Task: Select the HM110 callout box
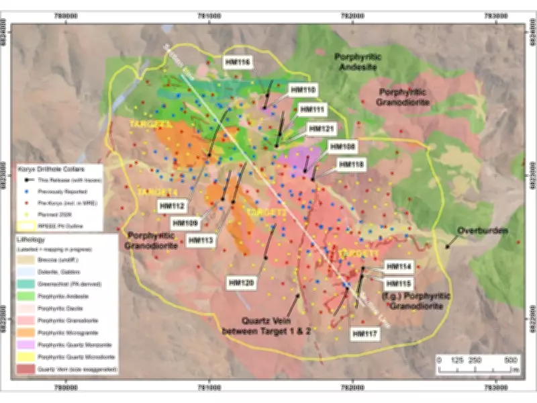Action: click(303, 89)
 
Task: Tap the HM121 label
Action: click(320, 128)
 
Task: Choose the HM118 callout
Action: click(350, 163)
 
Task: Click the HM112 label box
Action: click(173, 205)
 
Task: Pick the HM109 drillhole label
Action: click(185, 222)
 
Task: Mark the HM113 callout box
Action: click(200, 239)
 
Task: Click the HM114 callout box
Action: click(401, 266)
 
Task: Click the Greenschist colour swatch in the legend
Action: click(27, 284)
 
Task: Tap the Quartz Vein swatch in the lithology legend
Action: click(27, 368)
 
